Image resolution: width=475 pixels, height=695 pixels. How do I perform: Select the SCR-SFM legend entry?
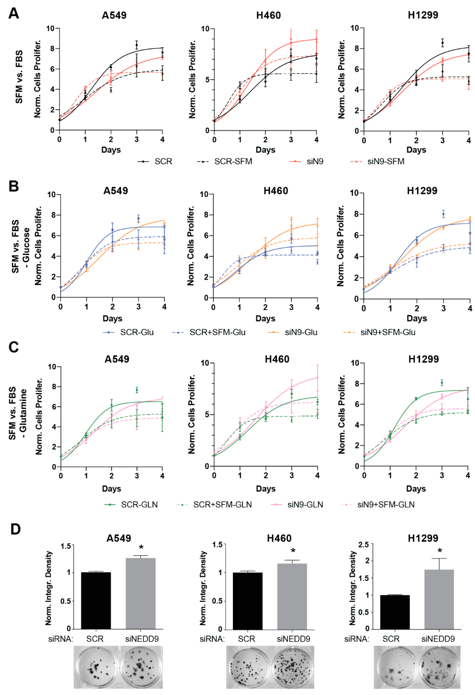[233, 162]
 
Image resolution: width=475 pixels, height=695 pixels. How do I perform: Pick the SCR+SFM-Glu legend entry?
[217, 332]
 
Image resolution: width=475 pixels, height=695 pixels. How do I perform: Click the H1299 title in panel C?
[423, 359]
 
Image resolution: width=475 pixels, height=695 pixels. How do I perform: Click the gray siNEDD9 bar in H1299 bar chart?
[439, 599]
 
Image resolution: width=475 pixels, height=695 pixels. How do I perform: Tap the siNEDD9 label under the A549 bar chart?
[142, 639]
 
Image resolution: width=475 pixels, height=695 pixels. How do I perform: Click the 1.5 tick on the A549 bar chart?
[66, 546]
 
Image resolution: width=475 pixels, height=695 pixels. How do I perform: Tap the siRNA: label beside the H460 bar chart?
[212, 639]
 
